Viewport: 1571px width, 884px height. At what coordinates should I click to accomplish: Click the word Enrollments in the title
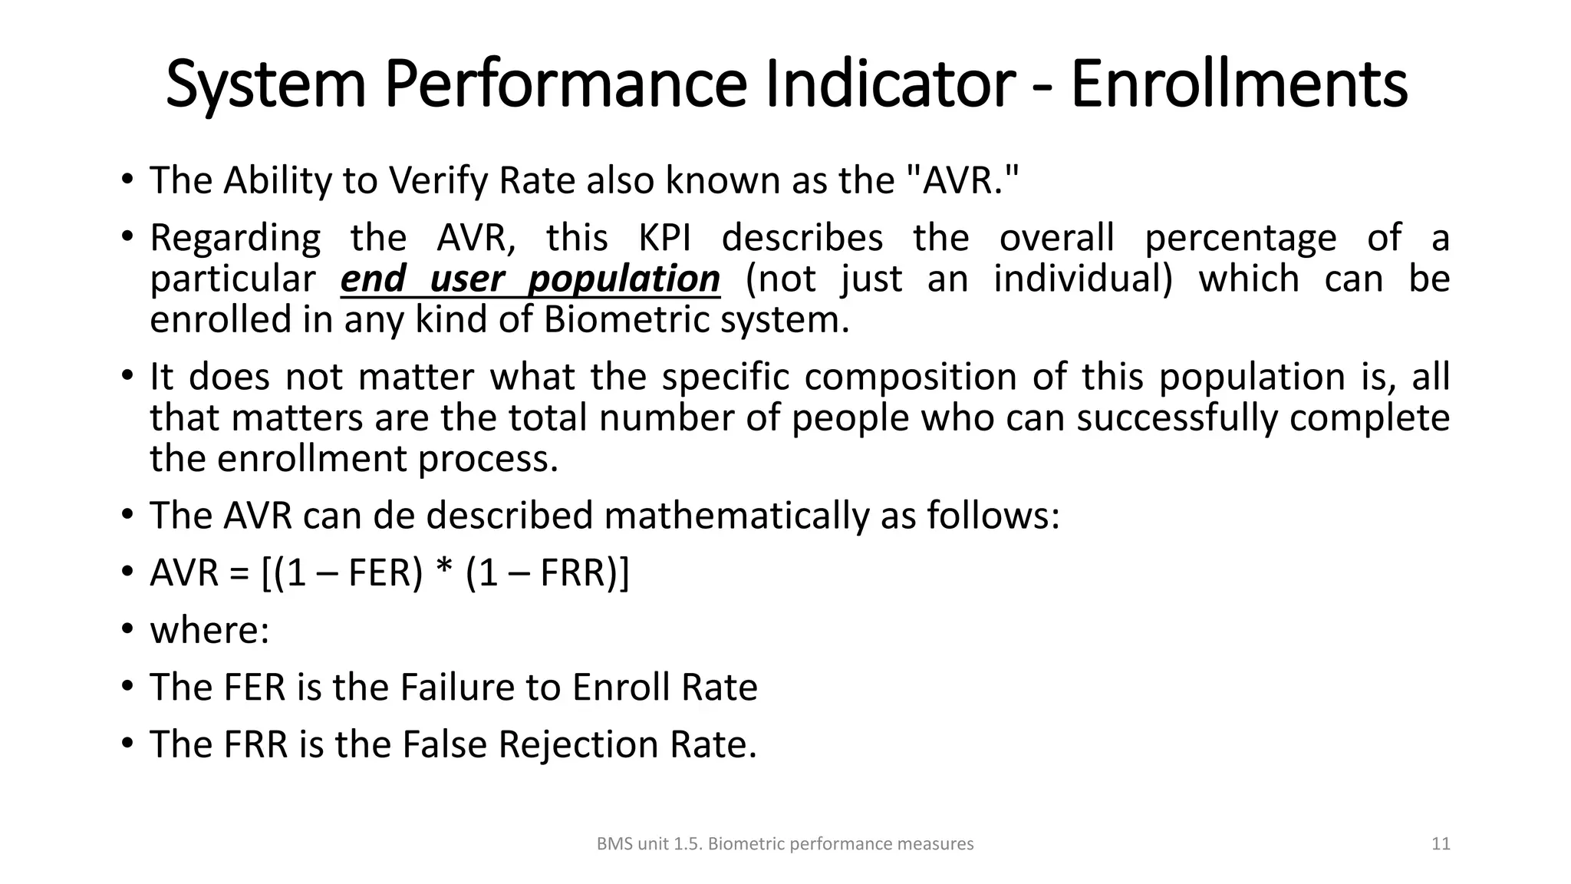(x=1238, y=84)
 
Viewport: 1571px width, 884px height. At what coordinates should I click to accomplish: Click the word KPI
(x=664, y=238)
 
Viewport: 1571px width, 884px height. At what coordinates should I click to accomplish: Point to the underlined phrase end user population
(x=530, y=279)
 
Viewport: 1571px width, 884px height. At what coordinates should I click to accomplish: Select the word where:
(x=209, y=631)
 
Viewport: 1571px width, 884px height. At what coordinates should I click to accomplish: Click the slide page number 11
(x=1441, y=844)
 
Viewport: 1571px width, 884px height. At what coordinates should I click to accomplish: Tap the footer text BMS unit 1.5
(x=649, y=844)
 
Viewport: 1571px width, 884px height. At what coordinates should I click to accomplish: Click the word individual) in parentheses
(x=1083, y=279)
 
